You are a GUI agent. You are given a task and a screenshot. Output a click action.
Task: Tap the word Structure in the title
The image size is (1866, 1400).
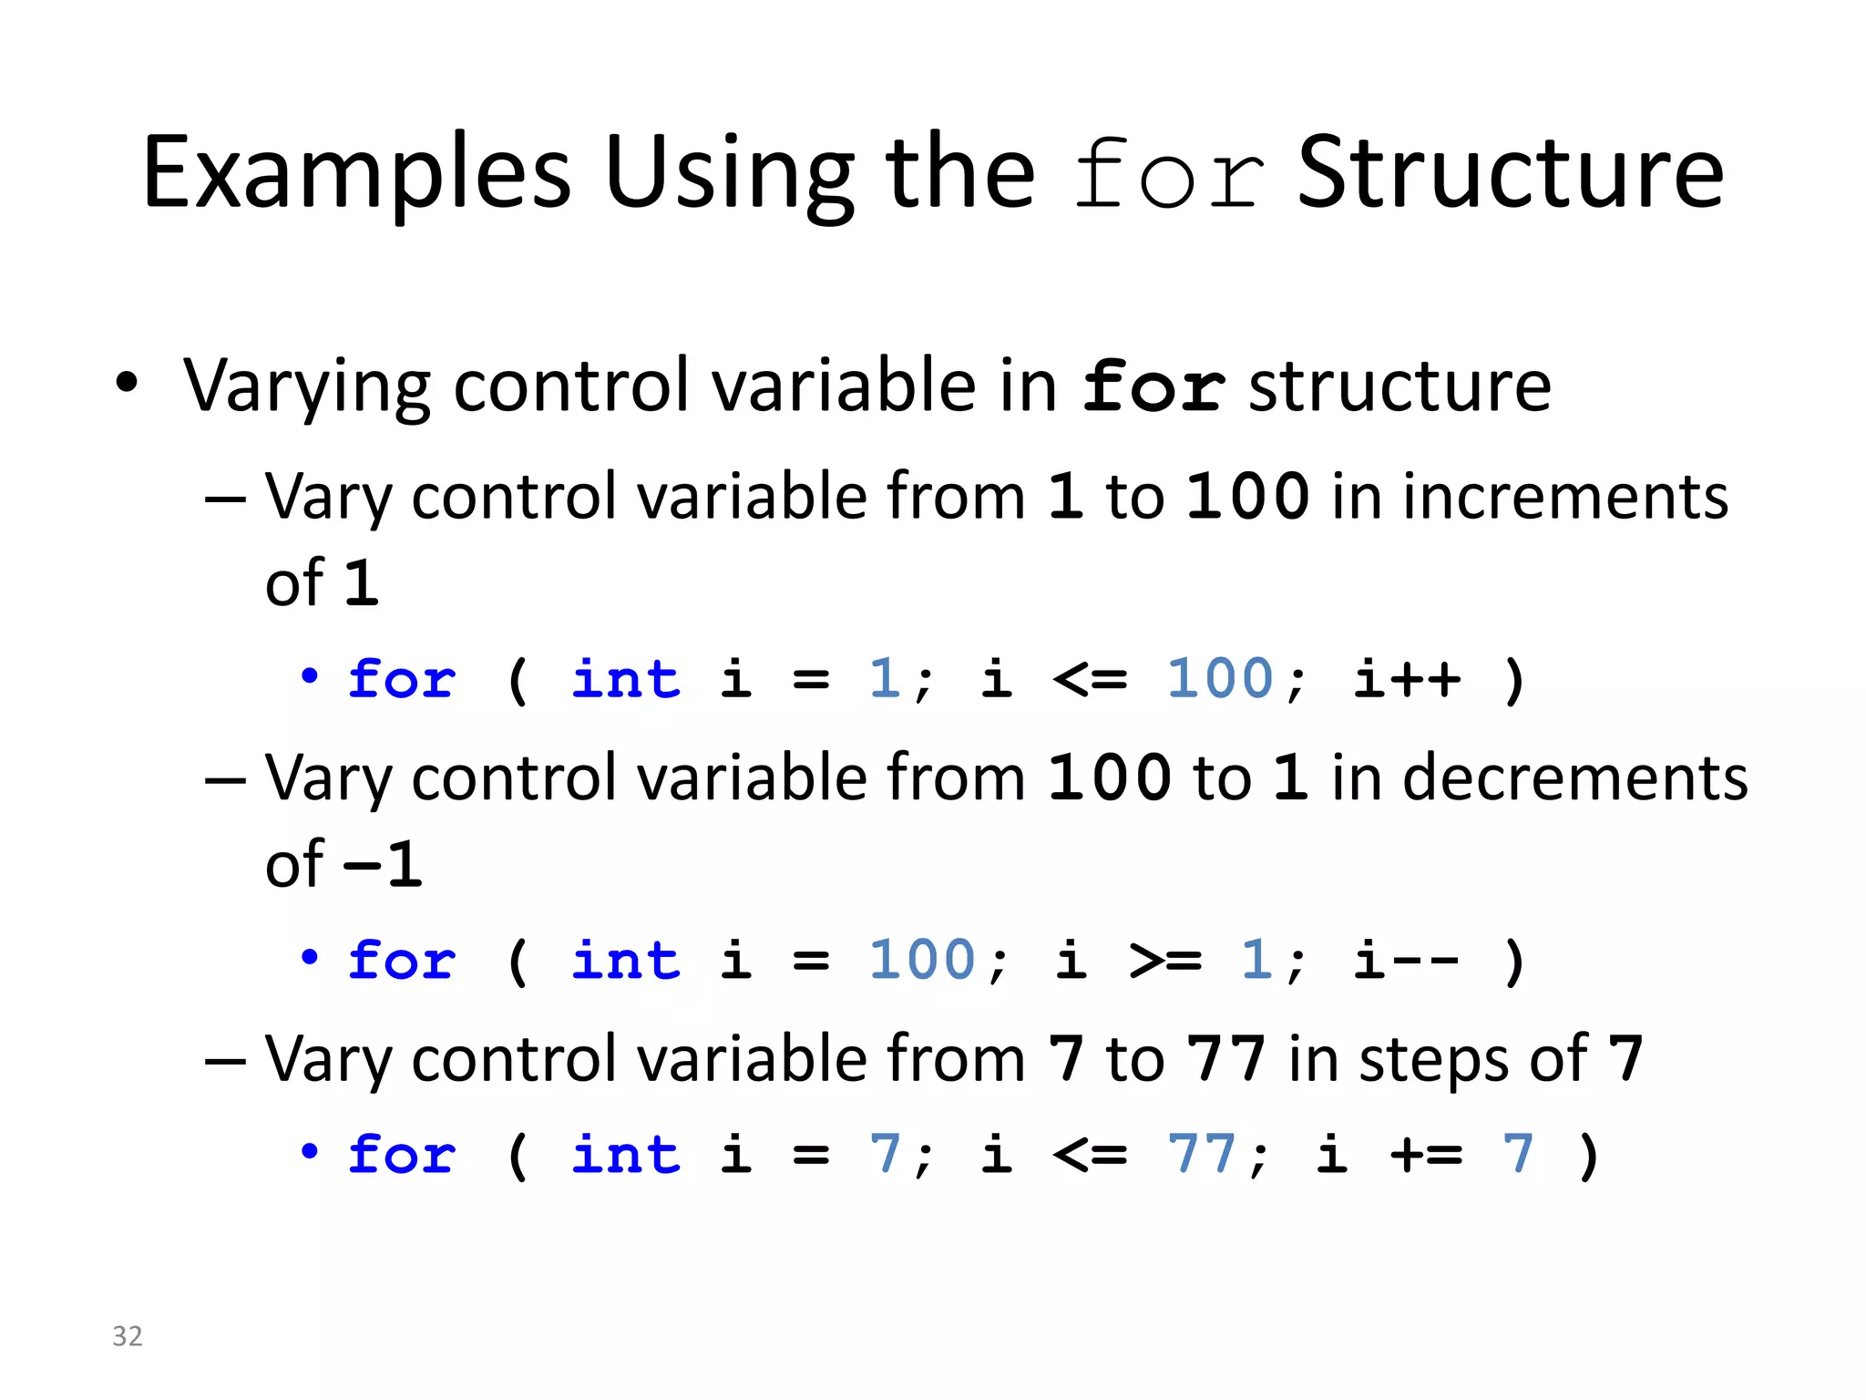tap(1510, 173)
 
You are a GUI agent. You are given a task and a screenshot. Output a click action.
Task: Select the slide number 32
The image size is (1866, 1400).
tap(128, 1336)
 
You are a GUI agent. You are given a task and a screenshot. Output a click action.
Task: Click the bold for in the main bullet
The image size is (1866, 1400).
tap(1153, 387)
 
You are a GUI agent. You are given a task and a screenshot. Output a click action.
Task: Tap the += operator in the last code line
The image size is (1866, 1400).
tap(1427, 1155)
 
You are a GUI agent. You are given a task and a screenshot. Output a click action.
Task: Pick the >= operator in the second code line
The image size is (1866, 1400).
tap(1166, 960)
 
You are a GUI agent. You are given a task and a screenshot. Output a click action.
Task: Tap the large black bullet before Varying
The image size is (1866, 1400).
tap(128, 383)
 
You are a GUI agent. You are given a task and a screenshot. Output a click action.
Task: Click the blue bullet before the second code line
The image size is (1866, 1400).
tap(310, 957)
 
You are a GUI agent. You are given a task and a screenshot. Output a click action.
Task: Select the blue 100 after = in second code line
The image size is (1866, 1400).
tap(922, 960)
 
